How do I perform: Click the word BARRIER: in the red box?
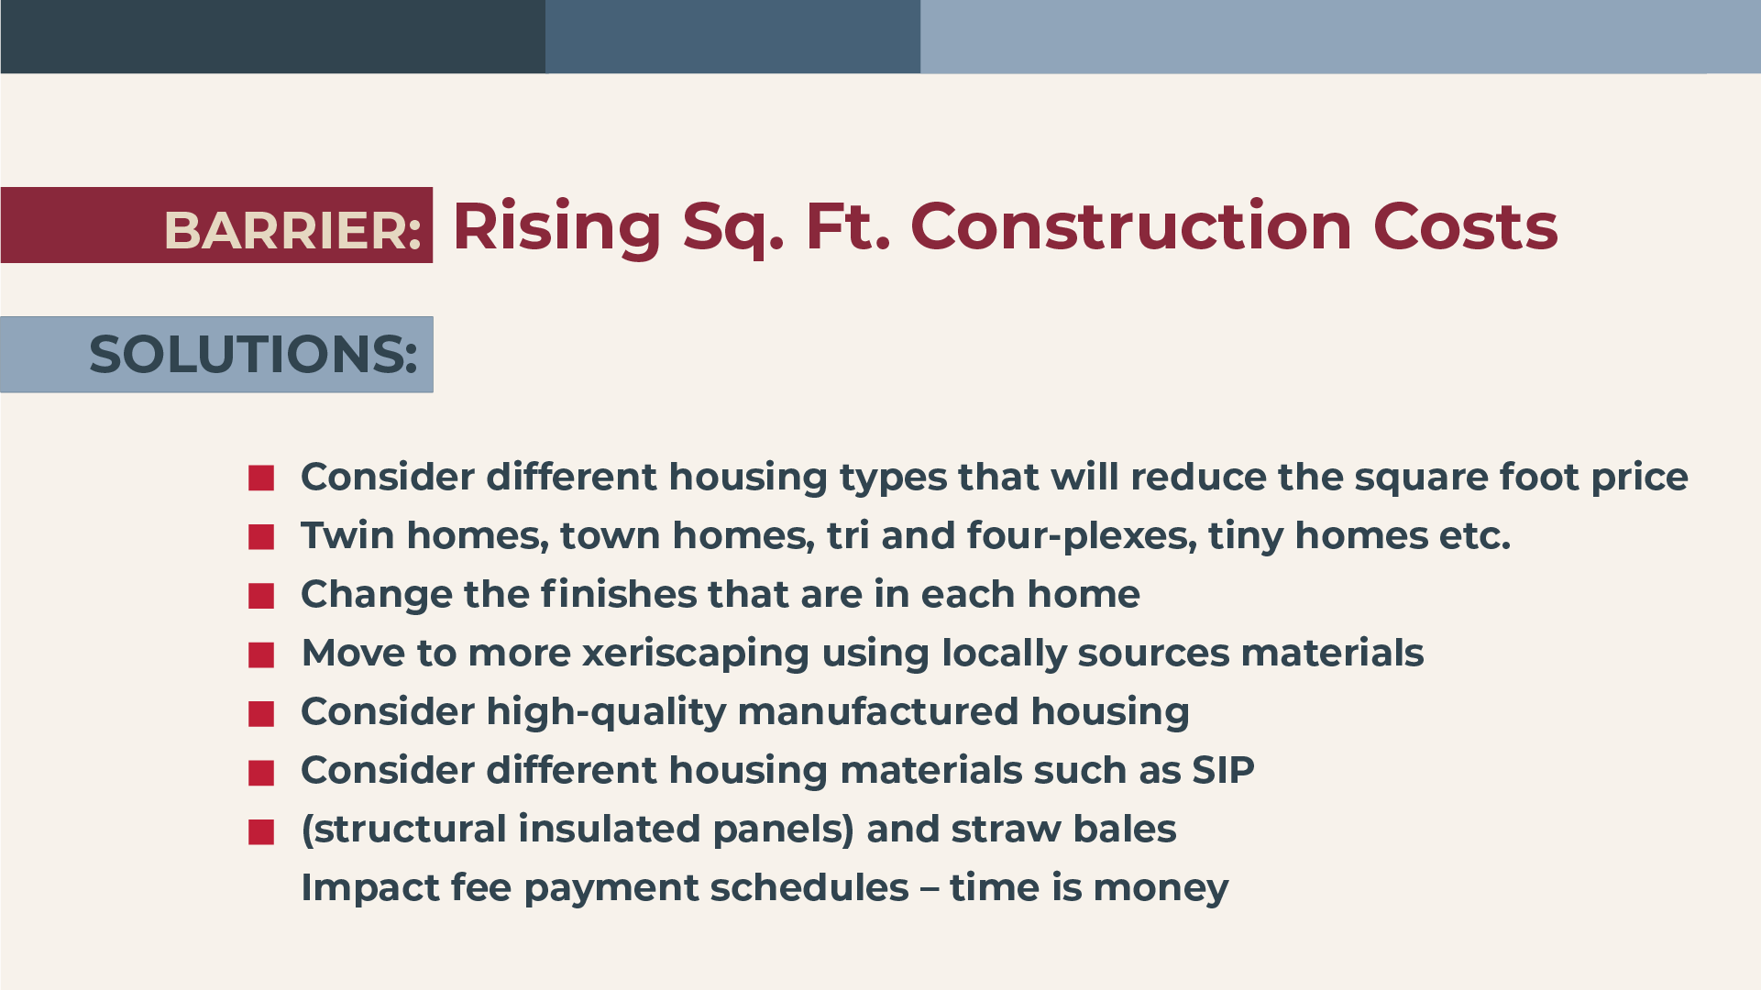coord(292,230)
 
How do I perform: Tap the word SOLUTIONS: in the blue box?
coord(253,355)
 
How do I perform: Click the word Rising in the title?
coord(556,227)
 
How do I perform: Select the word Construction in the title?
coord(1131,226)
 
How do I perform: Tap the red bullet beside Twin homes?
coord(261,537)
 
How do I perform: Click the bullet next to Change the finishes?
coord(261,596)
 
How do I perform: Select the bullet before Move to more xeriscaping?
coord(261,654)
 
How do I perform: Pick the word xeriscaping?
coord(696,654)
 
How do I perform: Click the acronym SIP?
coord(1223,770)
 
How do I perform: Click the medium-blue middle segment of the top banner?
coord(732,37)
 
